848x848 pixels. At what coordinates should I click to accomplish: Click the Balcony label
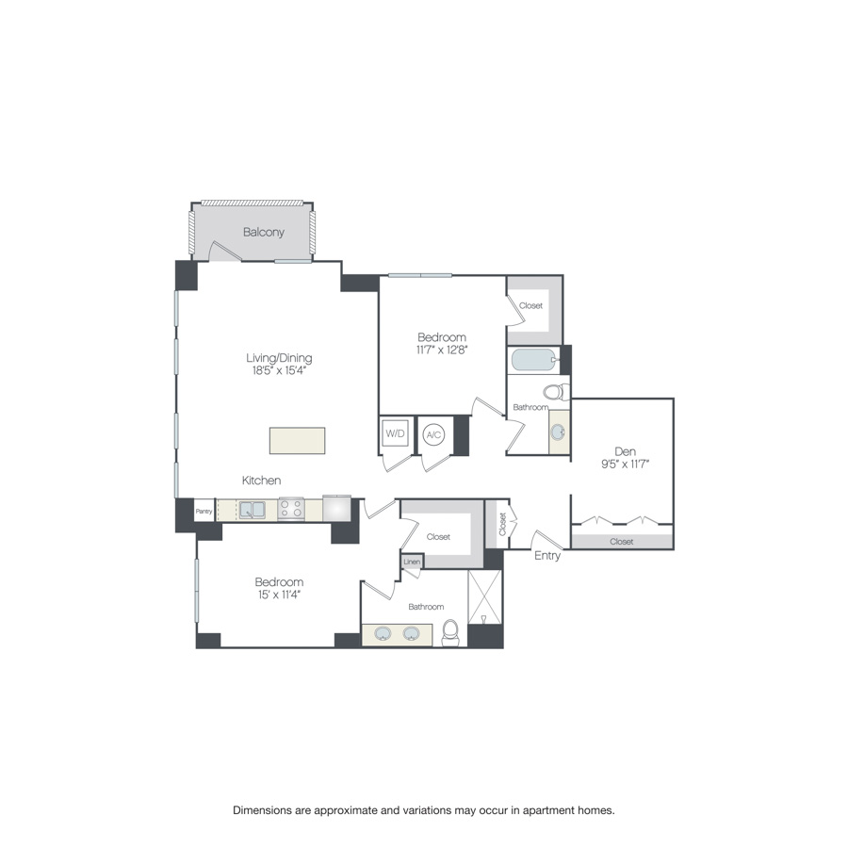tap(263, 232)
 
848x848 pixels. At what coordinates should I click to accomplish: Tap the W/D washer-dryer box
tap(394, 434)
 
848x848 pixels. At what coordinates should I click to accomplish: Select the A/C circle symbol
tap(433, 434)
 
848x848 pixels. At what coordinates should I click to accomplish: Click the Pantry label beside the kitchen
tap(204, 512)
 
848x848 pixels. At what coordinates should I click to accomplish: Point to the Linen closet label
tap(412, 562)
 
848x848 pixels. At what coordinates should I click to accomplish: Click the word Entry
tap(547, 556)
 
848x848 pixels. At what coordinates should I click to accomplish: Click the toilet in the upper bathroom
tap(556, 391)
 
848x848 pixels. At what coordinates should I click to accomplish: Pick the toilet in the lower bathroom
tap(450, 634)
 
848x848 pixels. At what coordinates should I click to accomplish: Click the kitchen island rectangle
tap(297, 441)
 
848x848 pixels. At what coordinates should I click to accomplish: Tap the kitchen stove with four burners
tap(290, 510)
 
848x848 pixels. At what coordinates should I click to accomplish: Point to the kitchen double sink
tap(253, 510)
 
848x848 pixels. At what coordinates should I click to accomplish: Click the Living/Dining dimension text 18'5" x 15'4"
tap(278, 371)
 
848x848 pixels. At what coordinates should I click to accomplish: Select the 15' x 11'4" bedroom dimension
tap(279, 595)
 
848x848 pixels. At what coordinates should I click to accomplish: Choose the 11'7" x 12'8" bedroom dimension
tap(442, 350)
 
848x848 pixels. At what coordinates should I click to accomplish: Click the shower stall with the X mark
tap(485, 596)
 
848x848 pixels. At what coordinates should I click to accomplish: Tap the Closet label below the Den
tap(622, 542)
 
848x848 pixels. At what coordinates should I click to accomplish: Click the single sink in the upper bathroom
tap(559, 432)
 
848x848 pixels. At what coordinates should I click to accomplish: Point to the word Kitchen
tap(261, 481)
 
